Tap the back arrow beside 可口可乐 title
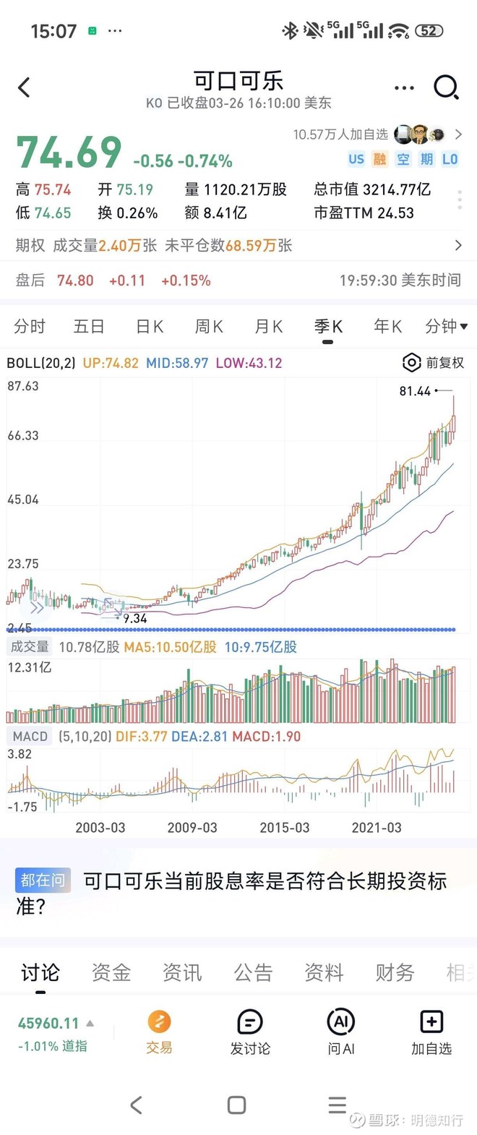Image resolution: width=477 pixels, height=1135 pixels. [24, 87]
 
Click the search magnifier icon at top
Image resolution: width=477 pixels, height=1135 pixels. [446, 87]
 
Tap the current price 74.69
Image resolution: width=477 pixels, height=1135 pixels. [69, 153]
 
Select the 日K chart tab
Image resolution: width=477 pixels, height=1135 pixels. [150, 327]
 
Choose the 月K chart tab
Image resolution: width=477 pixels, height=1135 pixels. [268, 327]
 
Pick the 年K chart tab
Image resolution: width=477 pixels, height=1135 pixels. [387, 327]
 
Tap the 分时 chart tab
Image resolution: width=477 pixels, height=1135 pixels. [30, 327]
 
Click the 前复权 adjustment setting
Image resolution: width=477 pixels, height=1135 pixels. [434, 363]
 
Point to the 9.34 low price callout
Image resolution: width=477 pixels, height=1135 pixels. [135, 618]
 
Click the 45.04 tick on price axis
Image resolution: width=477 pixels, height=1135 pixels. [23, 500]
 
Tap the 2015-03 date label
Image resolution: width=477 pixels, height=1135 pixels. [284, 828]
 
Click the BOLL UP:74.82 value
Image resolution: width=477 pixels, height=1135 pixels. [111, 363]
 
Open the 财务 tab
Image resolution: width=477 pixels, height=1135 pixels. [395, 973]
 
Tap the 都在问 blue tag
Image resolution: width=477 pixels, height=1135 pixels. [43, 881]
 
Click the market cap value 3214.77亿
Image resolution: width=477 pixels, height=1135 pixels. [396, 190]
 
